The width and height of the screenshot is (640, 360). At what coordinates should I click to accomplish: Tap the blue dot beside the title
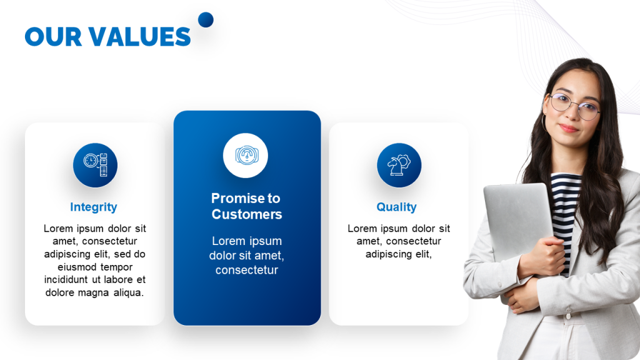(206, 19)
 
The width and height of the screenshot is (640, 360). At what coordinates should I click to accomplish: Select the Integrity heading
(94, 207)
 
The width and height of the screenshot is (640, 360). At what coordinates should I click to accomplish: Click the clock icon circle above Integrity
(95, 165)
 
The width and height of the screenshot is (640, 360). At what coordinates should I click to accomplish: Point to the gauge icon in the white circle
(246, 156)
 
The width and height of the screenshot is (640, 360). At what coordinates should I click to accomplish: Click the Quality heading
(396, 207)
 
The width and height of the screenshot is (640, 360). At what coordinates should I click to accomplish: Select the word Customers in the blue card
(247, 214)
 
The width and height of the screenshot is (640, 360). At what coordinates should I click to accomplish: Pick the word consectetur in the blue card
(247, 270)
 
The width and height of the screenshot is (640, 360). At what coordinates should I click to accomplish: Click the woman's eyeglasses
(573, 105)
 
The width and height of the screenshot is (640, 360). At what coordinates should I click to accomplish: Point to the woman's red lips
(569, 128)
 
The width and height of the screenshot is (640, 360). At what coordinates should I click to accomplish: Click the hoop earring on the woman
(544, 123)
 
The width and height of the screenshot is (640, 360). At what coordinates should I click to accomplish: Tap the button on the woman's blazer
(568, 316)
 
